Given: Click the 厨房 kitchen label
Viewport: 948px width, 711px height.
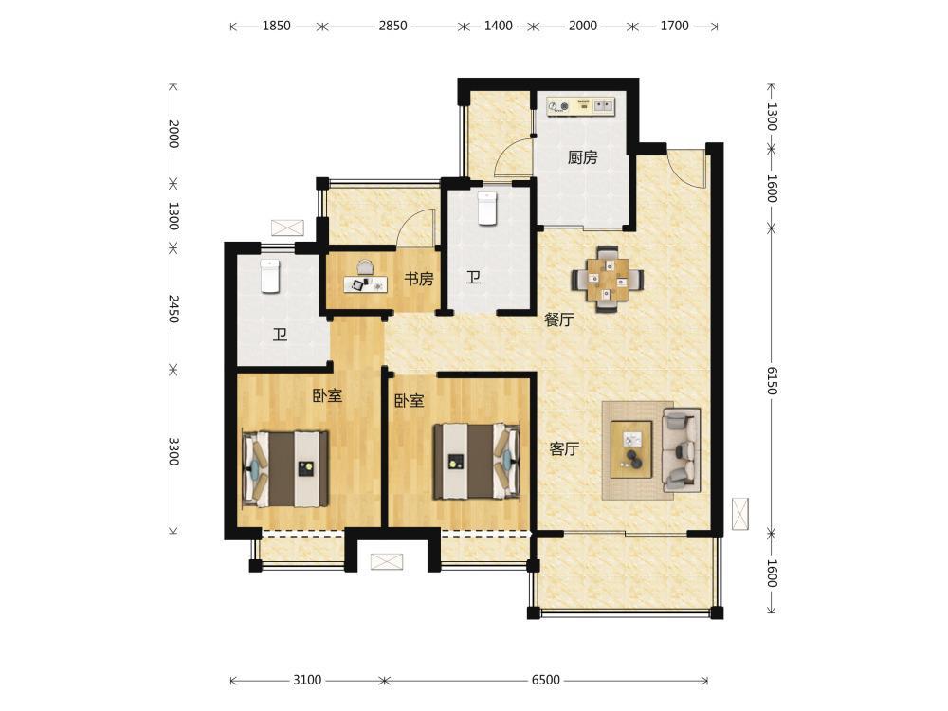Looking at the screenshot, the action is pos(583,157).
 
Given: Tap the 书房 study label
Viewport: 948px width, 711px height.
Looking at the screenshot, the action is pos(418,279).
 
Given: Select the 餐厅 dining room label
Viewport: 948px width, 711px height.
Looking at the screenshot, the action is pos(558,319).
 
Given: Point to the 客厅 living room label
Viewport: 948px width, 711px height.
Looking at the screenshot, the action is pos(564,448).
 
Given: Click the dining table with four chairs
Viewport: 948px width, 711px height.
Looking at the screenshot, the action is pos(607,279).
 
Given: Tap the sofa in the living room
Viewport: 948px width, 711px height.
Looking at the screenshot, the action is pos(682,449).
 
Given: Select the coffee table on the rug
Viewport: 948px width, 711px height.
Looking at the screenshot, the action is pos(631,449).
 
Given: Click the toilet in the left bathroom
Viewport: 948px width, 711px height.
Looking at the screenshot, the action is pos(269,275).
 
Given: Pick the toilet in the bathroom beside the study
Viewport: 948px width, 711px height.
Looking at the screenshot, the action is pos(486,208).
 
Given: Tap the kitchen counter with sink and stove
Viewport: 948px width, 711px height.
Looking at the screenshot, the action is pos(580,106).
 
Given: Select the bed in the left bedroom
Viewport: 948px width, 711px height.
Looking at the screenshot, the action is pos(286,469).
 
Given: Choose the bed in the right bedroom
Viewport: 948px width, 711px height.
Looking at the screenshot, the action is pos(477,462).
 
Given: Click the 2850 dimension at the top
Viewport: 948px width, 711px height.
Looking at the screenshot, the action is pos(392,26).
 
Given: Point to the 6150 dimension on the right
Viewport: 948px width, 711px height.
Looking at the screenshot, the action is pos(771,380).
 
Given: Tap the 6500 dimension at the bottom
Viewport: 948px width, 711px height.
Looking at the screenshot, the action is pos(545,680).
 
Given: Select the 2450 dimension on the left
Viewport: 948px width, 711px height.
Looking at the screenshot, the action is pos(173,308).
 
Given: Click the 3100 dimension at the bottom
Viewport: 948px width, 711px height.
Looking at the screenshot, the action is pos(307,680).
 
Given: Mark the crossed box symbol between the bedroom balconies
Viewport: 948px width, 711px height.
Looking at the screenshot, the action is pos(387,561).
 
